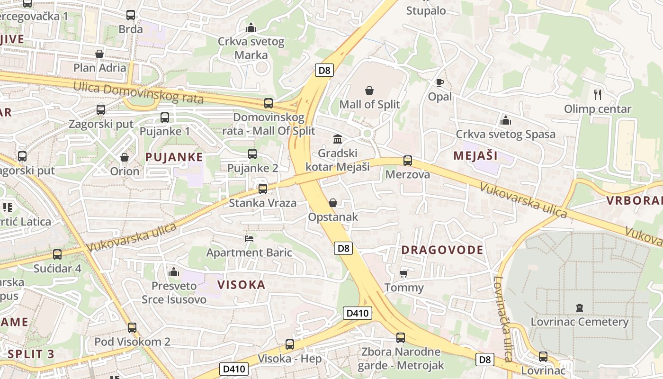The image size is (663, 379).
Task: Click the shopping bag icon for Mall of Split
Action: click(369, 90)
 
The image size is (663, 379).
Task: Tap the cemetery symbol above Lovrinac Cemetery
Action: click(579, 308)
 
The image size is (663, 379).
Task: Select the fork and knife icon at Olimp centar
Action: click(598, 95)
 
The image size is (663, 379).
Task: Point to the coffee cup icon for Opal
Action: click(439, 82)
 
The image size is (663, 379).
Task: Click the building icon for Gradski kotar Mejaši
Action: click(338, 139)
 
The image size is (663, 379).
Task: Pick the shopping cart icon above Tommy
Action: click(404, 273)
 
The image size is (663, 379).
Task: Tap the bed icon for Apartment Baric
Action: click(249, 238)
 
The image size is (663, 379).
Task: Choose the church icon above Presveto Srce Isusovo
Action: click(174, 272)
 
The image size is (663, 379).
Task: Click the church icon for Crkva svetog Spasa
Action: click(505, 120)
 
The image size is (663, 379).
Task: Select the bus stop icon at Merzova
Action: click(408, 161)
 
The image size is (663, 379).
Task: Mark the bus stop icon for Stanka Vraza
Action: click(262, 189)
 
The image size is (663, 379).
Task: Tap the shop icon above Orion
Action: click(125, 157)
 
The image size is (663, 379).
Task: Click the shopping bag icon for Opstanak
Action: click(333, 203)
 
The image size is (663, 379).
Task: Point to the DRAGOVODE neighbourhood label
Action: click(442, 250)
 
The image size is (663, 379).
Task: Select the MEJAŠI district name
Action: click(475, 155)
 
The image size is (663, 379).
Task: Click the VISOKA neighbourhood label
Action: click(241, 285)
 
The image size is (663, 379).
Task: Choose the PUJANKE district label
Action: click(174, 157)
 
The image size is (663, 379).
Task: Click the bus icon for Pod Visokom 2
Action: click(132, 327)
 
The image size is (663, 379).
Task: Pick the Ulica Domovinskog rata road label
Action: click(138, 93)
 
